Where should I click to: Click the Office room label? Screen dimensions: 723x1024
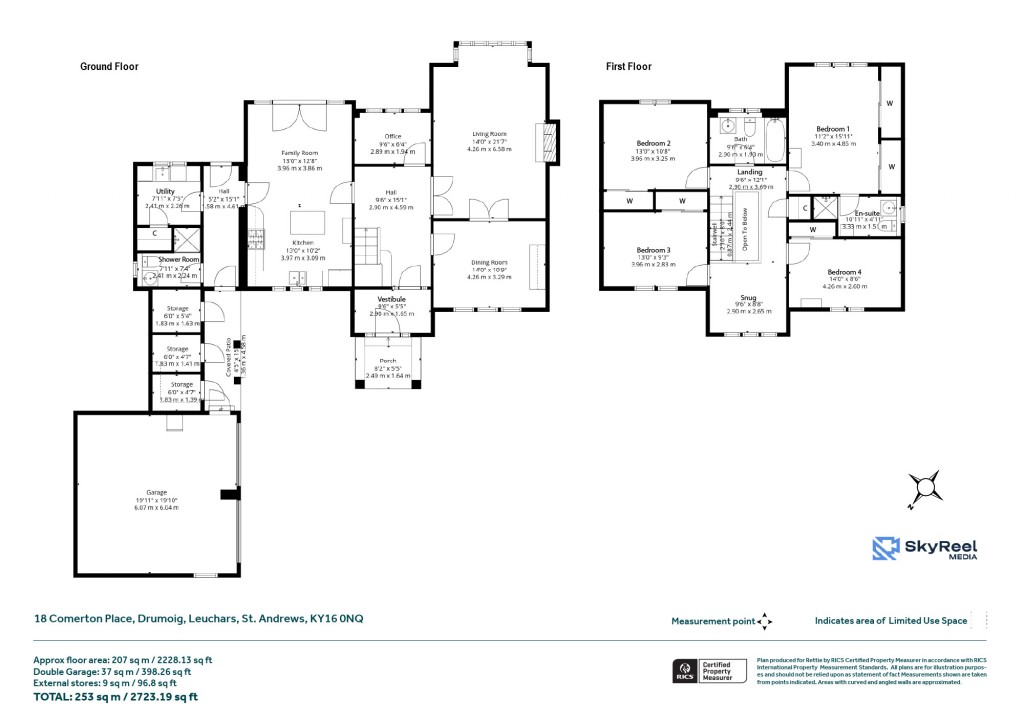392,136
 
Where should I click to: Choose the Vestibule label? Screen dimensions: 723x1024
390,299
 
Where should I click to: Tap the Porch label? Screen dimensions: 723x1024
387,361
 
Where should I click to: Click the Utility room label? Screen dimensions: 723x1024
165,190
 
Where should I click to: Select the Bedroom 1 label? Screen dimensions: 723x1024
832,129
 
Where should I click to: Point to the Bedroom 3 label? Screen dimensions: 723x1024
653,250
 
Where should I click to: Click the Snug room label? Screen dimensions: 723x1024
748,297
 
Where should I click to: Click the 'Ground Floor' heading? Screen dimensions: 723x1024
109,67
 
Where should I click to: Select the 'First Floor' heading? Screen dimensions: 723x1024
628,67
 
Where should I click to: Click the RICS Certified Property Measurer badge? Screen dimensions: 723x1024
709,671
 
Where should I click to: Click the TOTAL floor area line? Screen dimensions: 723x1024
116,696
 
